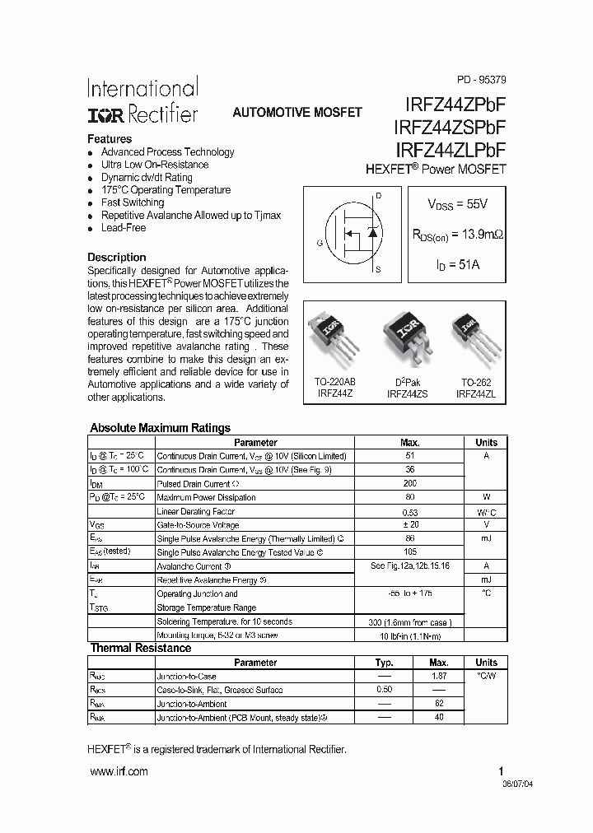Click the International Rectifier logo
(x=142, y=100)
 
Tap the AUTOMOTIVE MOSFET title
(x=297, y=113)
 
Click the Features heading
(x=110, y=139)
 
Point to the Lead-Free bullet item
(x=124, y=228)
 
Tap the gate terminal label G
(x=319, y=243)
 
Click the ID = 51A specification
(x=457, y=266)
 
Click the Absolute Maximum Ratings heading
(x=160, y=428)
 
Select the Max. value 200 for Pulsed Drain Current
(x=410, y=483)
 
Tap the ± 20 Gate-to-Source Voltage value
(x=410, y=524)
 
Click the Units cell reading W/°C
(x=486, y=511)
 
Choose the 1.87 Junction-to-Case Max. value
(x=439, y=676)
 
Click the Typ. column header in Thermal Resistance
(x=384, y=663)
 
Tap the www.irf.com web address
(x=119, y=771)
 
